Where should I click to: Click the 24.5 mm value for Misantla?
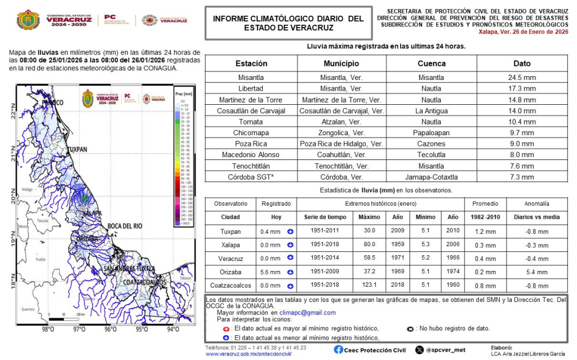522,78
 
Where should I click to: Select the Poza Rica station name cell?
251,144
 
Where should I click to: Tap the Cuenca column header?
432,64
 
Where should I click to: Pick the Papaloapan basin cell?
432,133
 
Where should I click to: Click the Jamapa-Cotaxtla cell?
432,177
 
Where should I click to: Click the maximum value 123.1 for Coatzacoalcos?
370,286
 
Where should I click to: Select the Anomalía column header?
536,203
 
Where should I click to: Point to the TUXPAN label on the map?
77,149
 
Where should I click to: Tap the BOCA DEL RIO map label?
125,226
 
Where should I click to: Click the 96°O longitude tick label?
110,329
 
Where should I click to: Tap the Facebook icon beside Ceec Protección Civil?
338,350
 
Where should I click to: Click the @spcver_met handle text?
445,350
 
